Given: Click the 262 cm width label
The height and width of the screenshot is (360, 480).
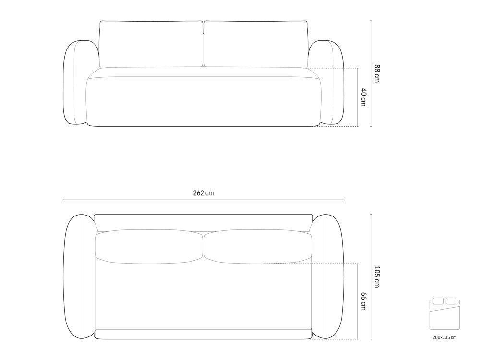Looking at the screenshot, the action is coord(203,193).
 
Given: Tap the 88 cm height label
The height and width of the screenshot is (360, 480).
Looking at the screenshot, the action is coord(377,73).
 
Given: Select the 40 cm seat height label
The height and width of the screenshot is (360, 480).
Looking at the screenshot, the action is coord(363,97).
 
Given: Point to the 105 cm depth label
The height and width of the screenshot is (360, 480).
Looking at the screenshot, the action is coord(377,277).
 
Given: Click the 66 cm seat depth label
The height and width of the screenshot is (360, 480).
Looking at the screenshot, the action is coord(363,301).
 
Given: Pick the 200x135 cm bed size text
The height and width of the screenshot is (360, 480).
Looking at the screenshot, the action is coord(444,337).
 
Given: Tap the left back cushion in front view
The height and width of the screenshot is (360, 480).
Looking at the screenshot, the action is coord(151,44).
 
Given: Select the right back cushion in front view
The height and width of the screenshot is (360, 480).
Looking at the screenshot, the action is coord(256,44).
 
